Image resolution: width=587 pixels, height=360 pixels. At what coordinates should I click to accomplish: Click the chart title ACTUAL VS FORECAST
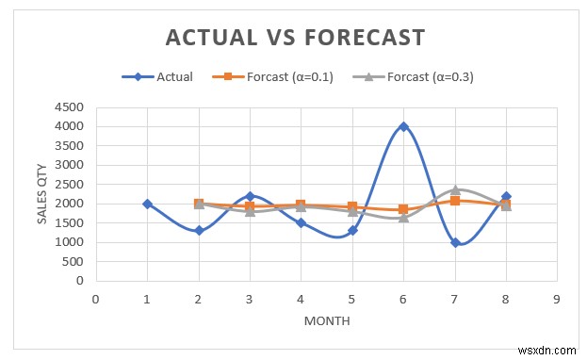click(x=295, y=37)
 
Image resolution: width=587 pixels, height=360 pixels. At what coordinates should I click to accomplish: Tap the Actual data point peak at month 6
click(x=403, y=126)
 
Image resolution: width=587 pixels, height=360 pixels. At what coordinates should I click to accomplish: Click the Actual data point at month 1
click(x=147, y=204)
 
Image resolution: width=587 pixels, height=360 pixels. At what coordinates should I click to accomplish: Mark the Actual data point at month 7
click(x=455, y=242)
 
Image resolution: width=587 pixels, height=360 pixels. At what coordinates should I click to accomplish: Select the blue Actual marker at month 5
click(x=352, y=230)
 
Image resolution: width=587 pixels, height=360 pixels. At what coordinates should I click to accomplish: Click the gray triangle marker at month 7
click(x=455, y=189)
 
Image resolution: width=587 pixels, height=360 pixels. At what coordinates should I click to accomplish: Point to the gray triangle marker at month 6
click(x=403, y=217)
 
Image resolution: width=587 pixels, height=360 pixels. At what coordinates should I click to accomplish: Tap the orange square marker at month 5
click(x=352, y=206)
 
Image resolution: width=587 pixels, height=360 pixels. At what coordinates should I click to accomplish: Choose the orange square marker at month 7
click(x=455, y=201)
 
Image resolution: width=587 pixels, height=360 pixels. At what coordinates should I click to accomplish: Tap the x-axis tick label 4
click(x=301, y=298)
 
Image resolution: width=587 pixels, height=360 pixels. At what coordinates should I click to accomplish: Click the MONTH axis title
click(x=327, y=320)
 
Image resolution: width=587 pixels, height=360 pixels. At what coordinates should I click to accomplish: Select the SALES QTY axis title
click(x=41, y=193)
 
